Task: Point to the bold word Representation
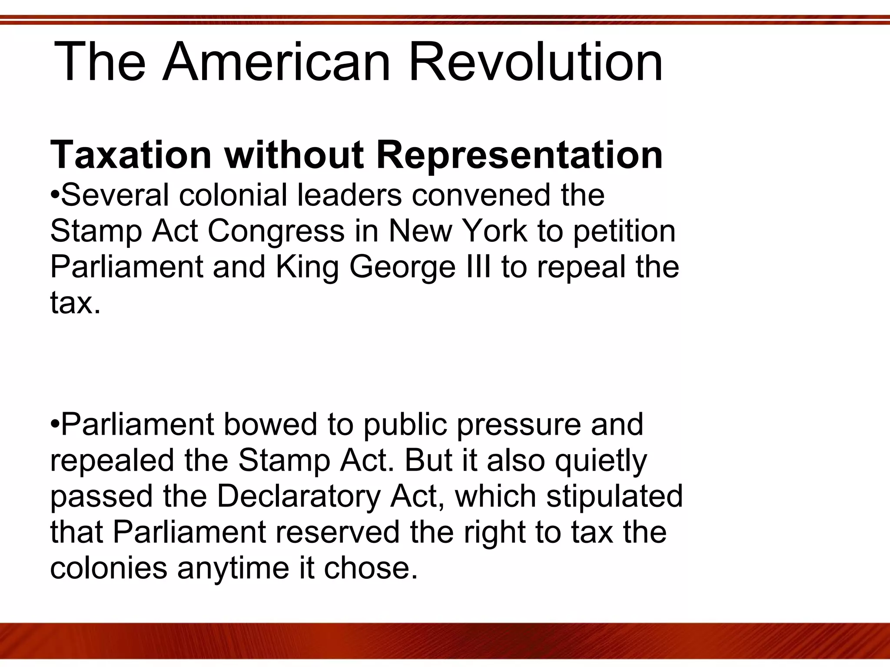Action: point(519,155)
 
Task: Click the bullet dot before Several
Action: point(55,195)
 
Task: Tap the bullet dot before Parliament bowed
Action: point(55,424)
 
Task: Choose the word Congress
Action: point(276,231)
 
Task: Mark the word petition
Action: point(624,232)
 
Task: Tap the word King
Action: point(307,267)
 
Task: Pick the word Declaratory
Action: point(298,497)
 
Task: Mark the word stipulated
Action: point(614,497)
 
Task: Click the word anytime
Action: point(233,568)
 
